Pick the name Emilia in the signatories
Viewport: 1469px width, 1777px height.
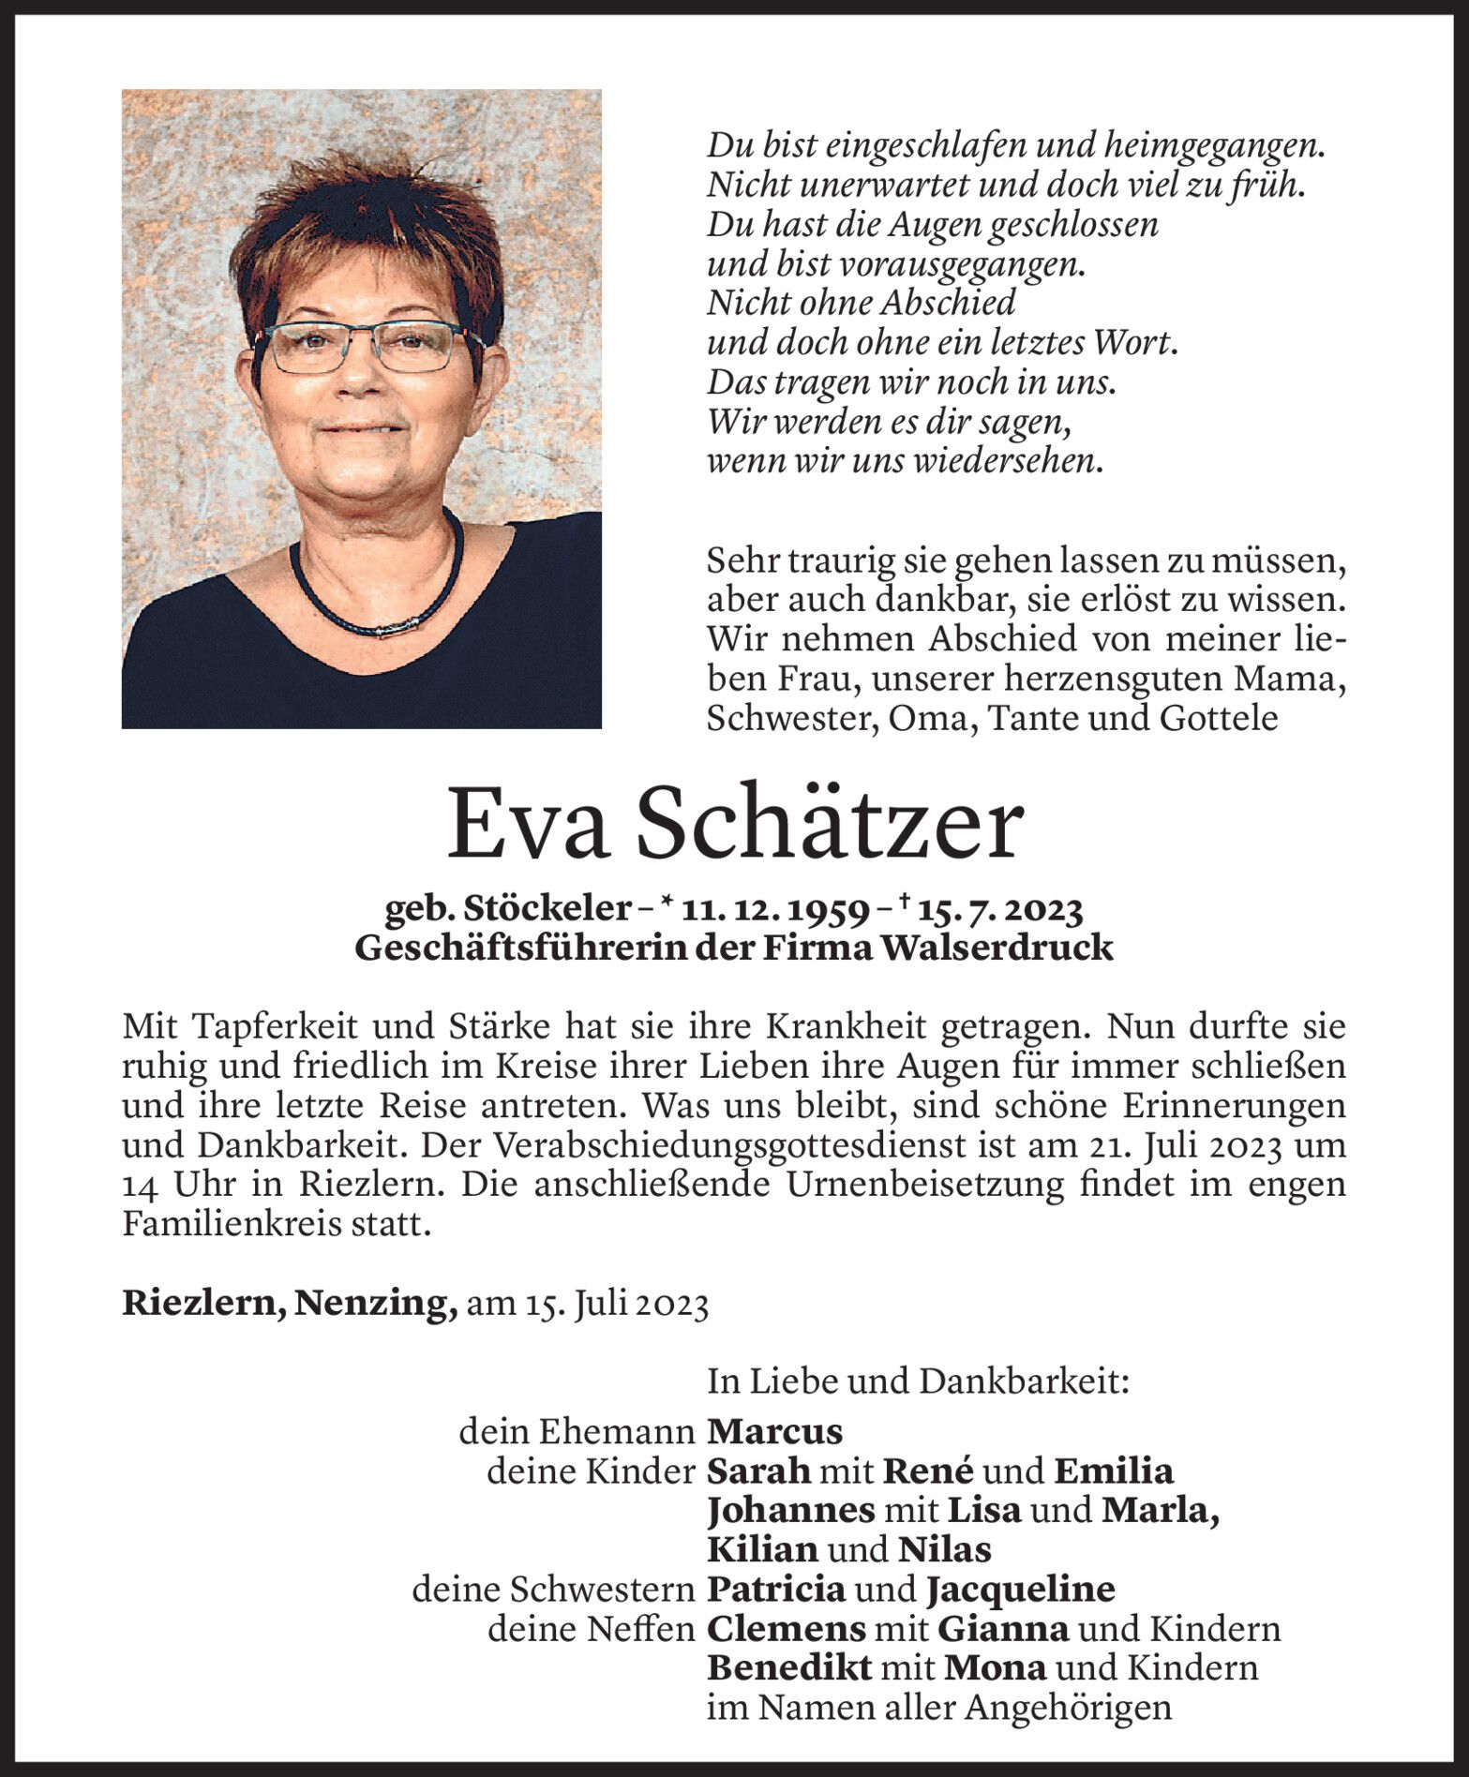(1114, 1471)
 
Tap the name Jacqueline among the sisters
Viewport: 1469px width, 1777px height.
(1021, 1589)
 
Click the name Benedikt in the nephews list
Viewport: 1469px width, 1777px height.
(789, 1667)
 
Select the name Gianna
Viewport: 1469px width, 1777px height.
(1002, 1629)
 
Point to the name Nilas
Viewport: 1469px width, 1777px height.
(944, 1549)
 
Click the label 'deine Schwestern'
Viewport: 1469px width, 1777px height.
(553, 1589)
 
